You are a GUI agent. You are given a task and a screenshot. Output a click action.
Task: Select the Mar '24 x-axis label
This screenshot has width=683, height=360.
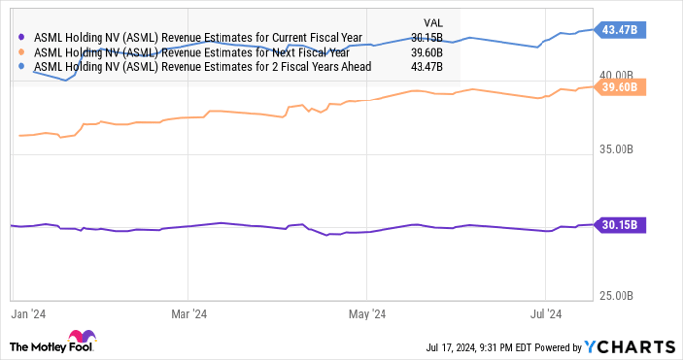click(188, 314)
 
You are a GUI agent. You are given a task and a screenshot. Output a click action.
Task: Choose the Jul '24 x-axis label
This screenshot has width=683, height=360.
click(546, 314)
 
